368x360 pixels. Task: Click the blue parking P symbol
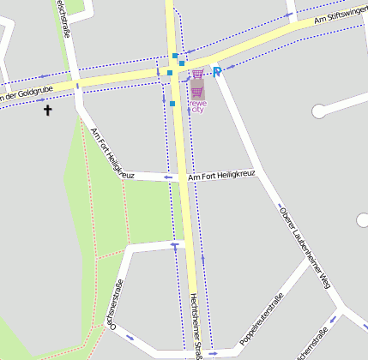tap(217, 73)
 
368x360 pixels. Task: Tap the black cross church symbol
tap(47, 110)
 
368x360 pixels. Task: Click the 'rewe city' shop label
tap(196, 105)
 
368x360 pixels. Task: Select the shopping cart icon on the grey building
tap(196, 91)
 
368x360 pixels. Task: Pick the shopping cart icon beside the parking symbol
tap(199, 75)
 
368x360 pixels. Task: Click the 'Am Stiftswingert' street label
tap(341, 16)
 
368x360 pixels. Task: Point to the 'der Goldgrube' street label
tap(26, 95)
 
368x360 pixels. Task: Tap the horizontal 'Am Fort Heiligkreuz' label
tap(221, 175)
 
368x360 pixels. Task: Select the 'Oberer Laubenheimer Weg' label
tap(305, 246)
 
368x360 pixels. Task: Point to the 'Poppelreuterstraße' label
tap(262, 315)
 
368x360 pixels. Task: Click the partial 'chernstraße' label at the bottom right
tap(312, 345)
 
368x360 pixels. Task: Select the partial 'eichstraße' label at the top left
tap(63, 17)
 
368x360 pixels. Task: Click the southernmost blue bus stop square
tap(172, 104)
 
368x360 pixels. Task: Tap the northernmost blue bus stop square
tap(175, 56)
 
